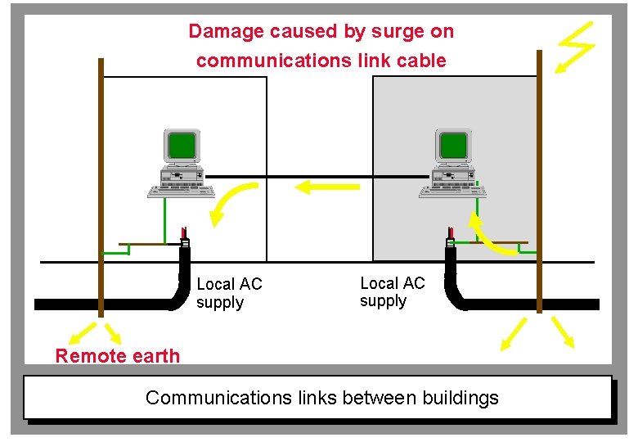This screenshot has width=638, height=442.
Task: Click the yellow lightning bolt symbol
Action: (x=576, y=45)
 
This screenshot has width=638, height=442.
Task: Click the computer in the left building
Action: (x=181, y=164)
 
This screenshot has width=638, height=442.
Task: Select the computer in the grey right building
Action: (x=452, y=164)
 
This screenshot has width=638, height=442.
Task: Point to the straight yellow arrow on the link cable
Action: (x=326, y=187)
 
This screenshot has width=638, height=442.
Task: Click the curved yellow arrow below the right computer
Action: (x=490, y=233)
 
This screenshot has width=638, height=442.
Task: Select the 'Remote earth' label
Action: (x=117, y=356)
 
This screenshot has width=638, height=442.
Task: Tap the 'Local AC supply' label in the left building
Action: (x=229, y=293)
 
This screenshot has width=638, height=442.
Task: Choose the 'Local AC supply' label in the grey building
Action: (x=393, y=292)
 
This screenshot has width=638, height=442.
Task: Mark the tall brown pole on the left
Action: (x=101, y=188)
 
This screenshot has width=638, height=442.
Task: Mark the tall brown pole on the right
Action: (x=539, y=180)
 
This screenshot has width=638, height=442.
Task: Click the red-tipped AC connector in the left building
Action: (x=185, y=238)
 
